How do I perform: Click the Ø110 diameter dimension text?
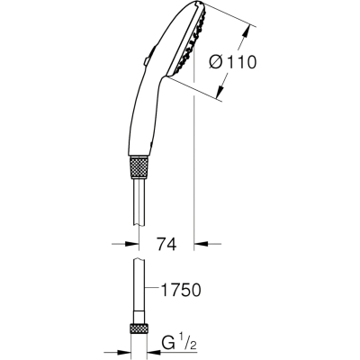tap(233, 62)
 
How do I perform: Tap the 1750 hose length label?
tap(181, 290)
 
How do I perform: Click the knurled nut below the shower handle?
tap(139, 168)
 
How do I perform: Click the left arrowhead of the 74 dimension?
tap(132, 244)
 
